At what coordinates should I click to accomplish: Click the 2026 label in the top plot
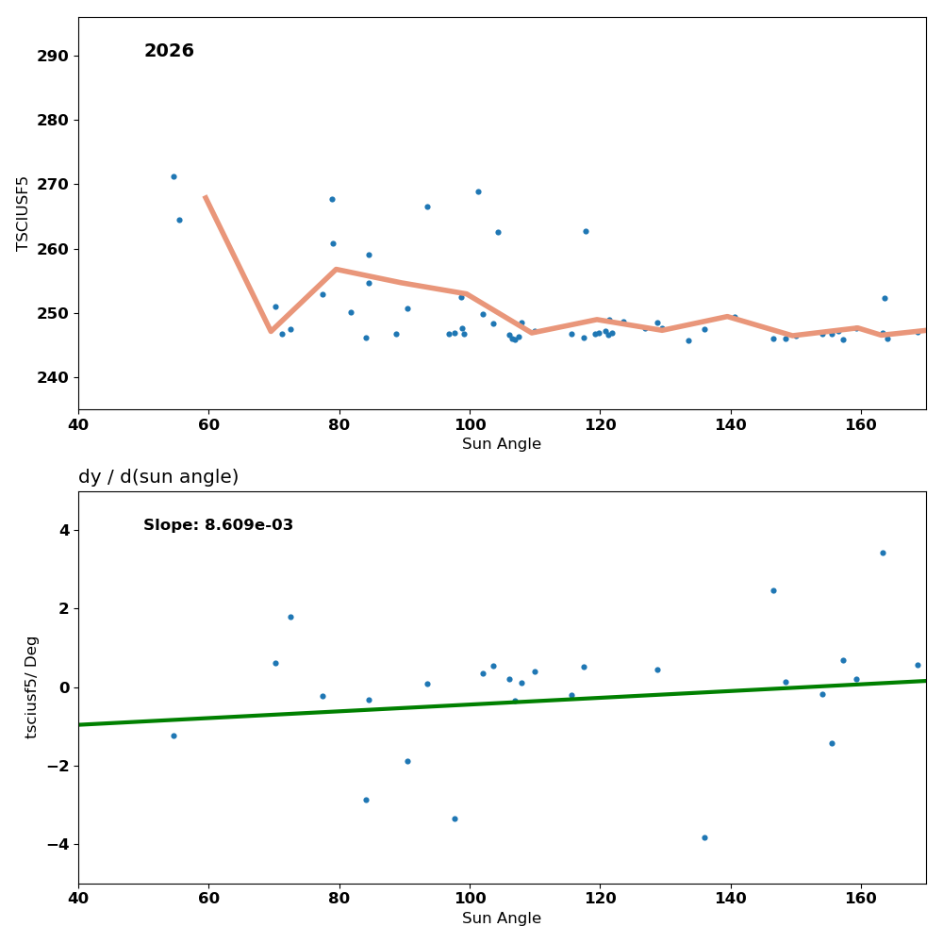point(169,51)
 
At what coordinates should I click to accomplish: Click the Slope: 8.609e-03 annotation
point(218,525)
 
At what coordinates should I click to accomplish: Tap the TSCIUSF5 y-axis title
point(23,213)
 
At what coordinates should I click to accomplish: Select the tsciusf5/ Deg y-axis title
point(32,687)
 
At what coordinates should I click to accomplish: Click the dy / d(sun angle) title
point(158,477)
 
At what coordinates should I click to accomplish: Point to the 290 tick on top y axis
point(53,56)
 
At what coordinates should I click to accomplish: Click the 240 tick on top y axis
point(53,377)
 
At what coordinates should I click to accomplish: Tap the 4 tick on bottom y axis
point(63,530)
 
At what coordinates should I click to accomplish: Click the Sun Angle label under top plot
point(502,444)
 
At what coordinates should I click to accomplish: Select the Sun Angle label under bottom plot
point(502,918)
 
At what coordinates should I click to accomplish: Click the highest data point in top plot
point(174,176)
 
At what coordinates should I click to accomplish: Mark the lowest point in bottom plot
point(704,837)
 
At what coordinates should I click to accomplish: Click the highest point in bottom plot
point(883,553)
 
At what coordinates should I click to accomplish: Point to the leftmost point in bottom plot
point(174,736)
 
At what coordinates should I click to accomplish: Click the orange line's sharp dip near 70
point(271,331)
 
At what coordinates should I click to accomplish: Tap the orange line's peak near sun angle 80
point(336,270)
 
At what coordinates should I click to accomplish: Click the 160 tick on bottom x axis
point(861,897)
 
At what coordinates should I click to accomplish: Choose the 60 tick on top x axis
point(208,423)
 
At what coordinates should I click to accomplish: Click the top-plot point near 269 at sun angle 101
point(478,191)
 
